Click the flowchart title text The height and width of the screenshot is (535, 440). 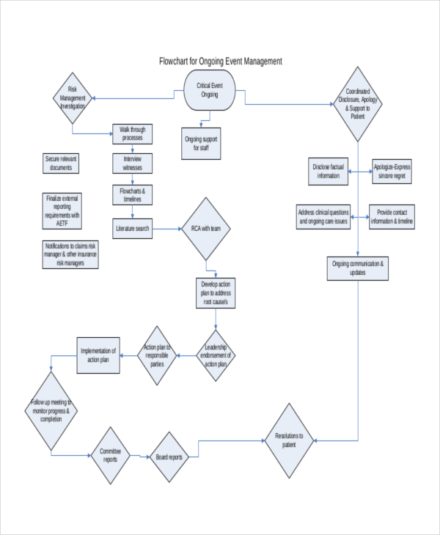(x=220, y=62)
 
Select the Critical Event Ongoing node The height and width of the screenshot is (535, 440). (x=209, y=90)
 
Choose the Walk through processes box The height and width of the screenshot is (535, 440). (x=133, y=133)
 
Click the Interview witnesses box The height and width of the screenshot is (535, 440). (x=133, y=163)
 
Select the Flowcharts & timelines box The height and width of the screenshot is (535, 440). (x=133, y=194)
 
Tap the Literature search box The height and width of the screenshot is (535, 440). (x=133, y=229)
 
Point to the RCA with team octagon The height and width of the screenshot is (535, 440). (x=206, y=229)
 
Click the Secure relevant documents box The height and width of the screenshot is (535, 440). (x=61, y=163)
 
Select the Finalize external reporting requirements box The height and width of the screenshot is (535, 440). (x=62, y=211)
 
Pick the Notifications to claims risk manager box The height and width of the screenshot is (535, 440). (x=70, y=254)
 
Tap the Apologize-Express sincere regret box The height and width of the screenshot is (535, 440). (x=392, y=171)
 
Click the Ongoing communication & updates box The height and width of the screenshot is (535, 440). (x=358, y=268)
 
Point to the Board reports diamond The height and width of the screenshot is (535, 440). (x=169, y=457)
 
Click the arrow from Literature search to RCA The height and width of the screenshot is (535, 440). (x=167, y=229)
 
